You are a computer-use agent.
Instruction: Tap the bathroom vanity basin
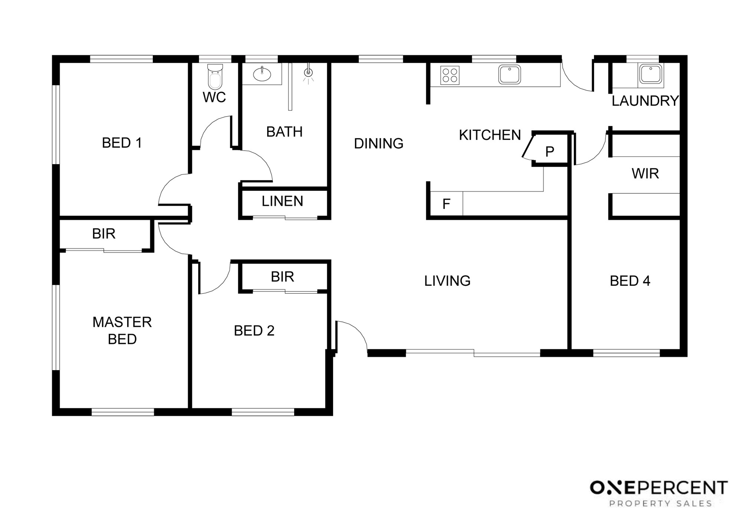coord(262,74)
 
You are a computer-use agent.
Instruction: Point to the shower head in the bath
coord(308,73)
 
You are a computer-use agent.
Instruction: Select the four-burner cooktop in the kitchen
coord(450,75)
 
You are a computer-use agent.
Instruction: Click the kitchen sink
coord(509,74)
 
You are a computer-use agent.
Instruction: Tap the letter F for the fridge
coord(446,203)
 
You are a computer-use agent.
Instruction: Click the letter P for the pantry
coord(549,151)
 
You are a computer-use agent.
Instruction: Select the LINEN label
coord(282,201)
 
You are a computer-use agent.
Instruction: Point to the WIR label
coord(645,173)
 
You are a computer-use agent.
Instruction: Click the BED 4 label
coord(630,281)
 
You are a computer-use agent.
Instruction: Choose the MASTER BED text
coord(122,330)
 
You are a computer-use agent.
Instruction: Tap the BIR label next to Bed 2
coord(282,277)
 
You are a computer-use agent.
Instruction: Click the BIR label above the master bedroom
coord(104,233)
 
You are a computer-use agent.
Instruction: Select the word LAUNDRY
coord(645,101)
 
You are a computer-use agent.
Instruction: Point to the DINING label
coord(378,143)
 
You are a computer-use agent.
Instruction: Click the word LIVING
coord(447,281)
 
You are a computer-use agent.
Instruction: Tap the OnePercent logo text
coord(659,488)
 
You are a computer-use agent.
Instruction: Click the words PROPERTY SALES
coord(661,504)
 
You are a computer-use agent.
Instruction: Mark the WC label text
coord(214,97)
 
